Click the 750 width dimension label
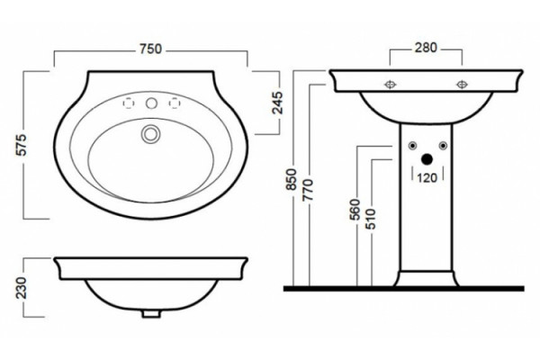[150, 49]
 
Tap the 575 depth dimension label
[22, 145]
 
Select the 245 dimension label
[277, 103]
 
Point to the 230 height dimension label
[22, 288]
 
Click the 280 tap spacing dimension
[426, 48]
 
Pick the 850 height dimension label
[292, 179]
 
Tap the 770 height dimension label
[308, 190]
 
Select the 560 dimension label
[355, 210]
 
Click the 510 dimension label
[371, 219]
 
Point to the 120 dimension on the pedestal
[427, 178]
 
